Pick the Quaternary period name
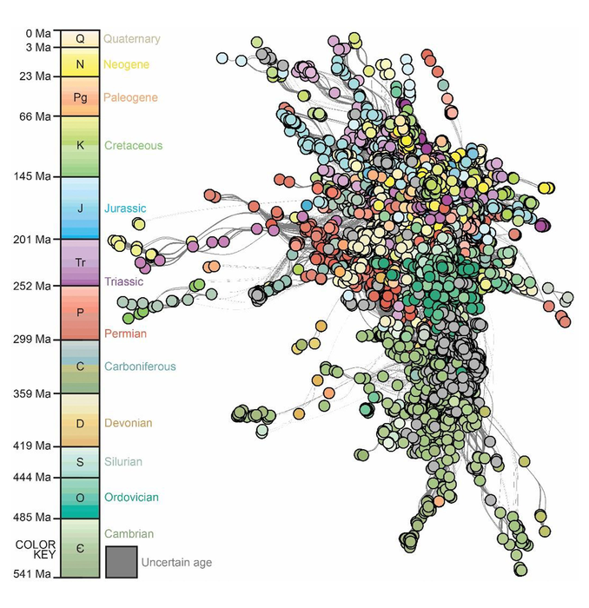pos(132,39)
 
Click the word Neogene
pos(126,64)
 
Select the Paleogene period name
pos(130,97)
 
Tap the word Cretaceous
pos(133,146)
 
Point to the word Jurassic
pos(125,208)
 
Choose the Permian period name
pos(125,334)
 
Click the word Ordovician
pos(131,498)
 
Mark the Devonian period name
pos(129,423)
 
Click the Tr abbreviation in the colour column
pos(80,261)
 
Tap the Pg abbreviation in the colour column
pos(80,97)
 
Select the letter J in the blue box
pos(80,208)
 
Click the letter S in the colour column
pos(80,462)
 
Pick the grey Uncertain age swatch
pos(120,561)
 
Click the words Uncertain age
pos(175,563)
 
